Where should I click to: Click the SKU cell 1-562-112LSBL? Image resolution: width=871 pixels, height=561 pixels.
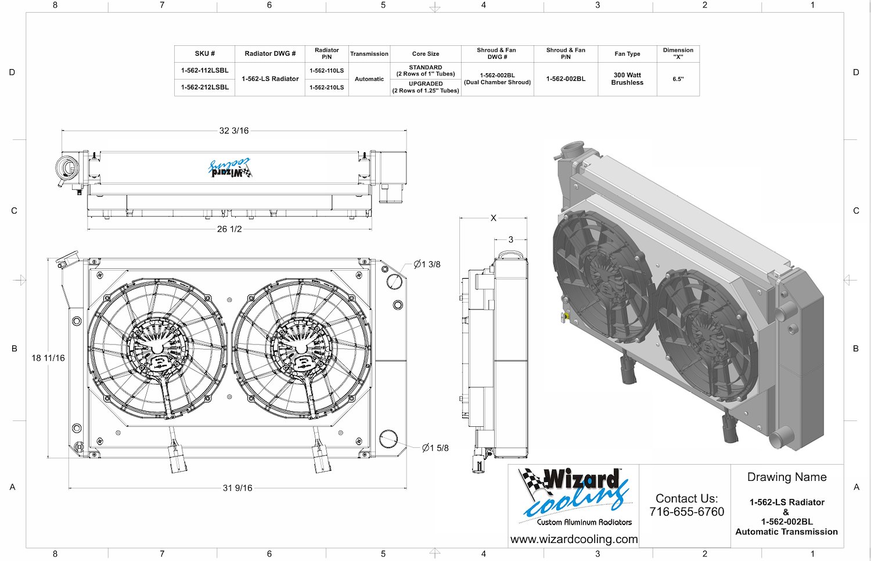point(204,70)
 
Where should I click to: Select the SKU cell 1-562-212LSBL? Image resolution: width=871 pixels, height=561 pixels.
point(204,87)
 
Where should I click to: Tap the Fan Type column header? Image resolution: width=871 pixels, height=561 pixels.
point(627,53)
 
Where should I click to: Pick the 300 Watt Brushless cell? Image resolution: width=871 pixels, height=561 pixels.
point(627,78)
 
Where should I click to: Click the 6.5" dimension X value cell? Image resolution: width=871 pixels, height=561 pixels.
point(678,79)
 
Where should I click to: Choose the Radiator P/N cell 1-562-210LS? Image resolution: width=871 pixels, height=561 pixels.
point(326,88)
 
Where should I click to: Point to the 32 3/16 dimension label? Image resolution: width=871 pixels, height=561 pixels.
point(233,131)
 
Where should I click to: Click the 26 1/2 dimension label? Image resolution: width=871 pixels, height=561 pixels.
point(229,229)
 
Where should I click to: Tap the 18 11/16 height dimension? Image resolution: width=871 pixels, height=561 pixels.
point(48,358)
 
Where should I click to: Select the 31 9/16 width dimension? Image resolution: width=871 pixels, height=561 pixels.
point(237,487)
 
